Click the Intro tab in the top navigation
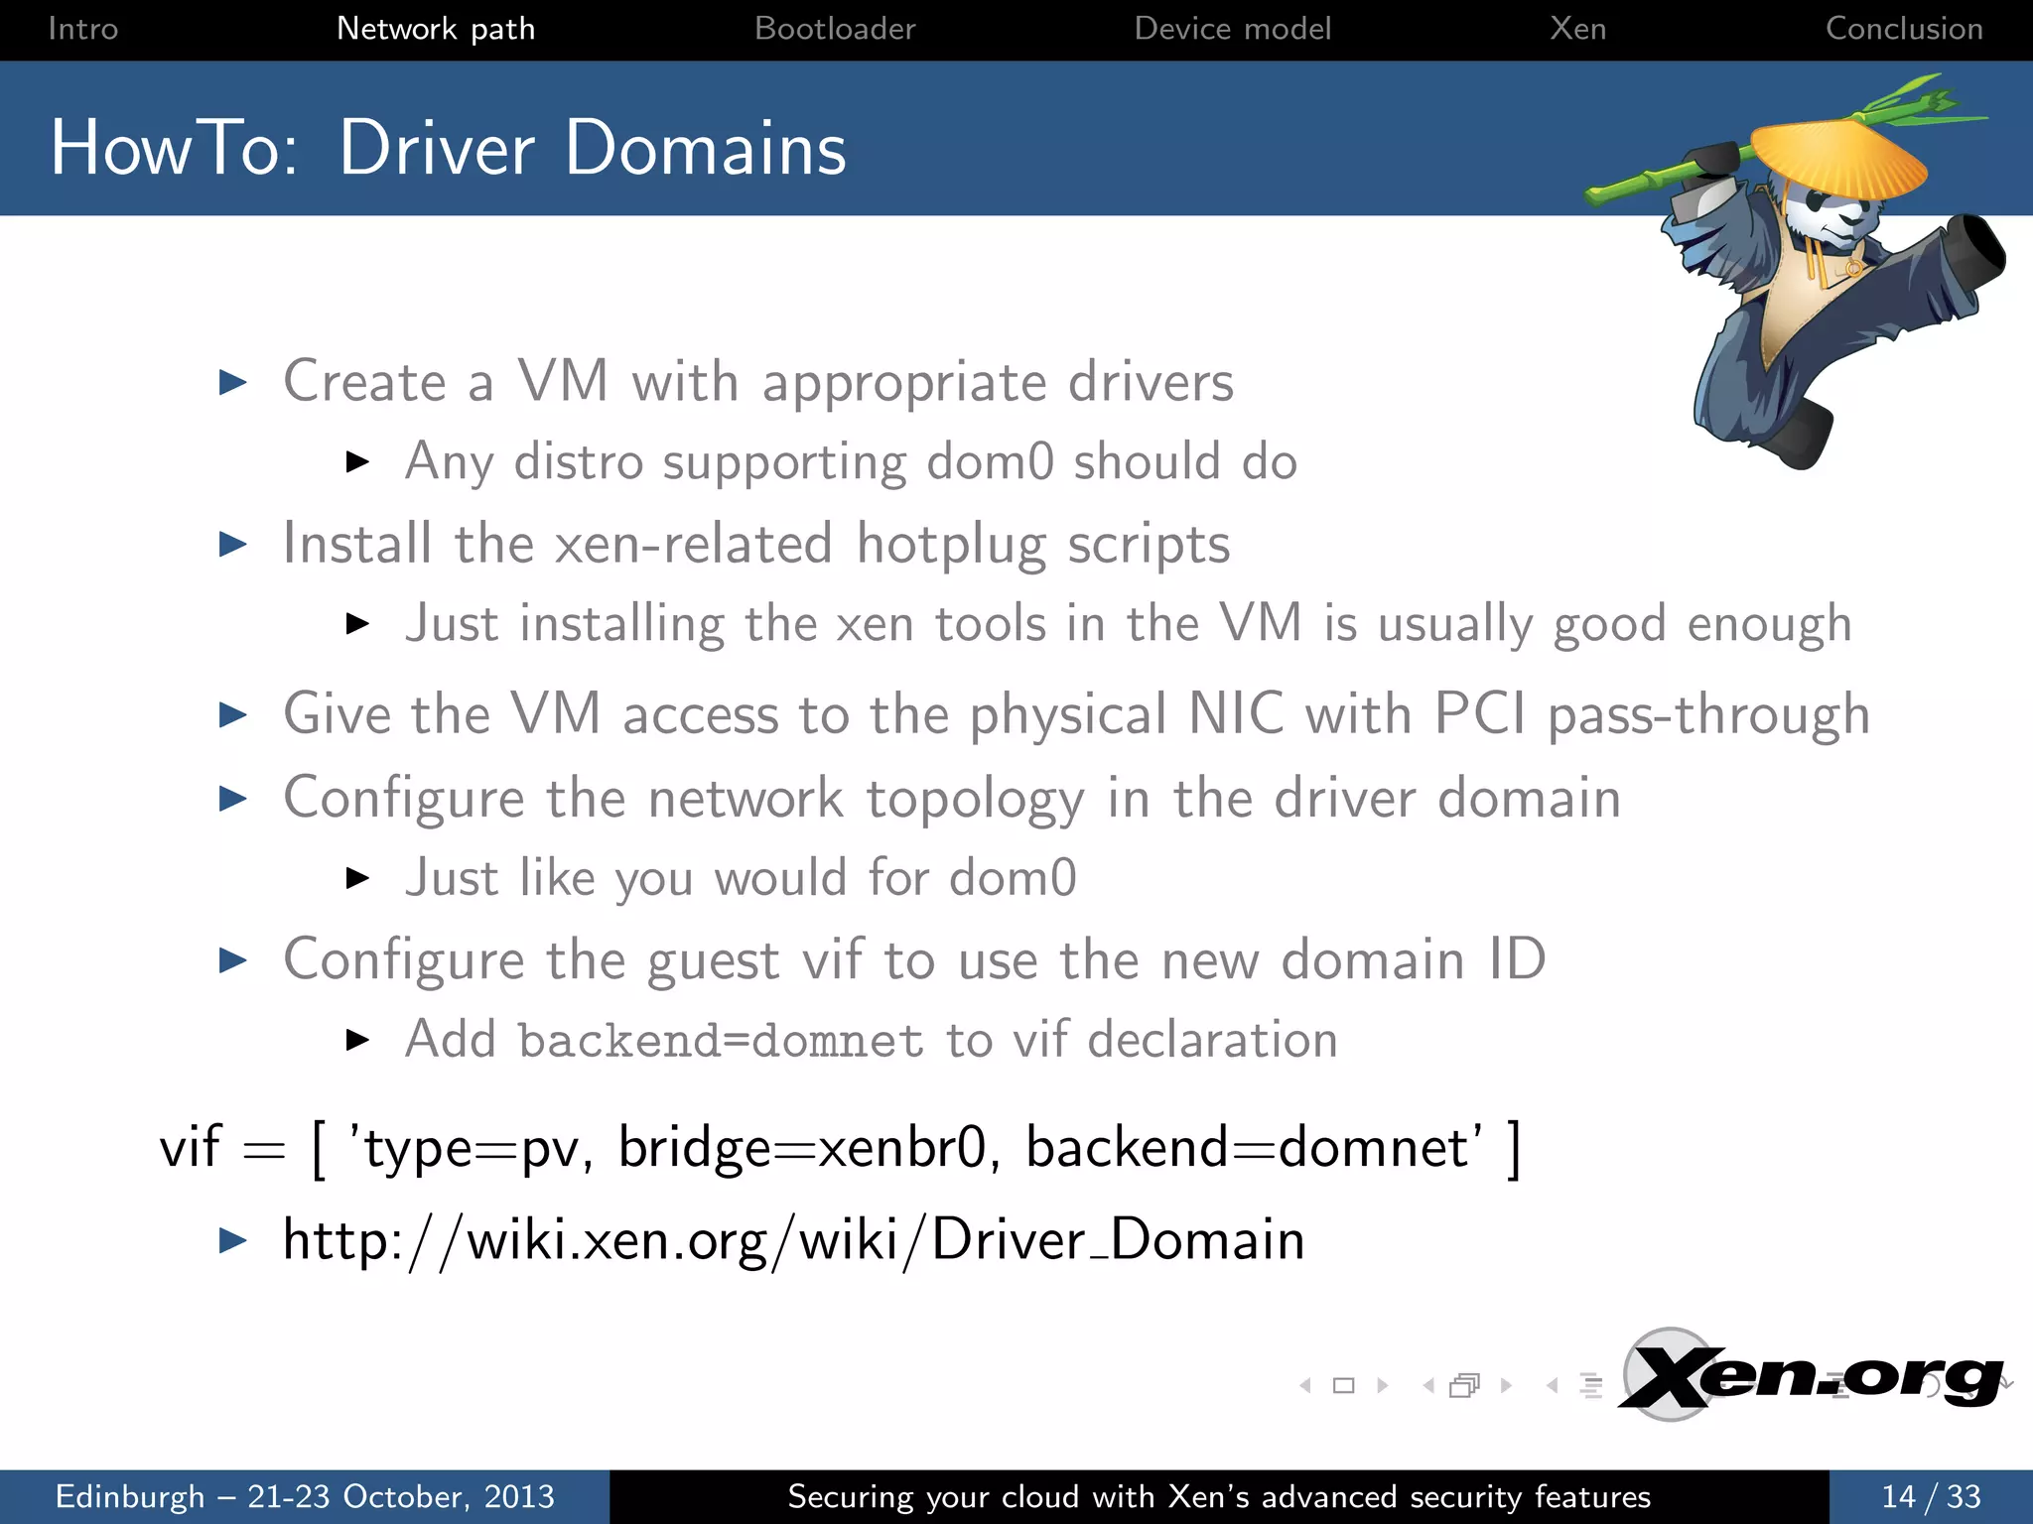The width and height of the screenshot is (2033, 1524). (x=82, y=29)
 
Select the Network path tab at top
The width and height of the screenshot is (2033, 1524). (x=436, y=29)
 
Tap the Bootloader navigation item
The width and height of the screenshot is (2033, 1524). (x=835, y=29)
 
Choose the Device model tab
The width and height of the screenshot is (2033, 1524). (x=1232, y=29)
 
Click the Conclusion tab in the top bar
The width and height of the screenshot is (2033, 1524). (x=1904, y=29)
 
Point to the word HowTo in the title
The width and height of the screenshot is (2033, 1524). (x=174, y=149)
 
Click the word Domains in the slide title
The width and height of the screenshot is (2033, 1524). (x=706, y=149)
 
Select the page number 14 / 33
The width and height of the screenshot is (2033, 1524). (x=1931, y=1496)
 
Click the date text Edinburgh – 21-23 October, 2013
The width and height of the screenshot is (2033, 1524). (x=305, y=1496)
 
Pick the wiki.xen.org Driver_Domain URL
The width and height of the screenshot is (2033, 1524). (x=793, y=1240)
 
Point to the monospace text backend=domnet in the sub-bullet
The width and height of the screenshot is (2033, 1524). (x=721, y=1041)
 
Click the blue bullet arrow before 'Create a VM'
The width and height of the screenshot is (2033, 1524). (x=232, y=382)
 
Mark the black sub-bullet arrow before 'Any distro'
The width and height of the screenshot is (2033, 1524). (x=357, y=461)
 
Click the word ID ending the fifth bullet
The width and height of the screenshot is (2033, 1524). (x=1517, y=959)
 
